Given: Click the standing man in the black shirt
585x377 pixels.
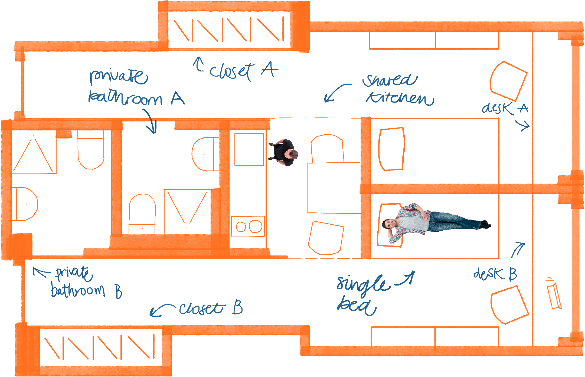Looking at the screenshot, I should pyautogui.click(x=284, y=152).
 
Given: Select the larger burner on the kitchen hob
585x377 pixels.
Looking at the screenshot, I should pyautogui.click(x=255, y=226).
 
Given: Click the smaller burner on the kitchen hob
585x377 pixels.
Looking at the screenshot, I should pyautogui.click(x=241, y=227).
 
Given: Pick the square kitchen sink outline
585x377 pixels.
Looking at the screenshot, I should pyautogui.click(x=249, y=149).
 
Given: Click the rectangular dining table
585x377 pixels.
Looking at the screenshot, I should pyautogui.click(x=334, y=188).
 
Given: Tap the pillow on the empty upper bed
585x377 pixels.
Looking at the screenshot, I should pyautogui.click(x=391, y=149).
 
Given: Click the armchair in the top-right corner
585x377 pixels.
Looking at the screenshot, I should pyautogui.click(x=508, y=81).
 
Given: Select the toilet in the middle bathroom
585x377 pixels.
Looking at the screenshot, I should pyautogui.click(x=142, y=214).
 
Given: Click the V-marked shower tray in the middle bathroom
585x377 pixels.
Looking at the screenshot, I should pyautogui.click(x=187, y=211).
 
